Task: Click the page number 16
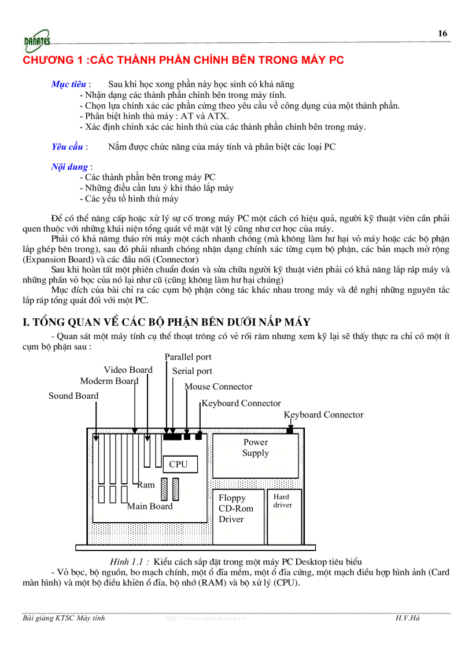click(443, 34)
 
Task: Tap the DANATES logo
click(37, 41)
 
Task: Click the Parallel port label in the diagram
click(188, 357)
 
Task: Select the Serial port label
click(192, 371)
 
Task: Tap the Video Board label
click(128, 370)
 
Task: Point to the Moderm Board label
click(109, 381)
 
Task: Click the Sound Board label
click(73, 396)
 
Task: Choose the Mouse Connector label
click(219, 387)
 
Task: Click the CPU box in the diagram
click(179, 464)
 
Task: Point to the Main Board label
click(150, 506)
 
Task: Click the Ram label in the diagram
click(146, 485)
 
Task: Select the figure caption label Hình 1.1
click(130, 561)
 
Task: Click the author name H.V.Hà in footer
click(407, 618)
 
